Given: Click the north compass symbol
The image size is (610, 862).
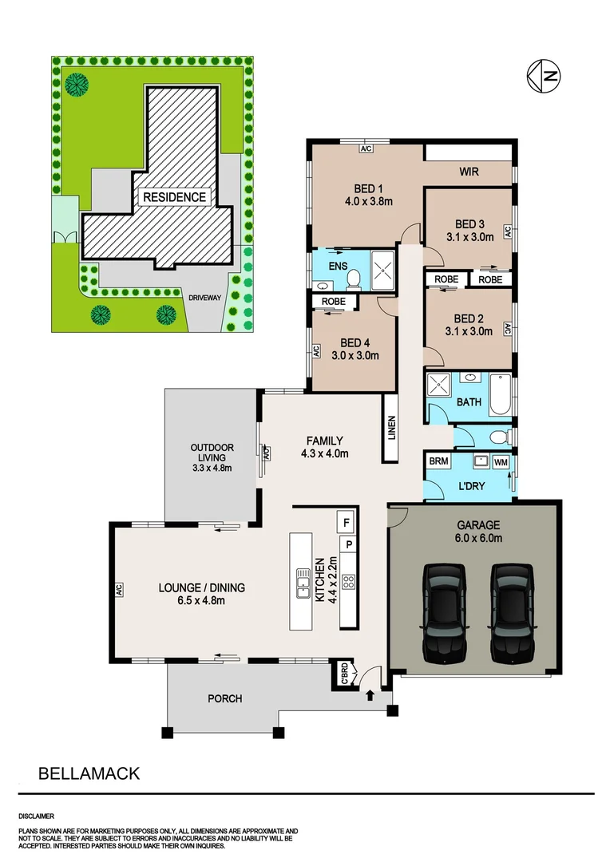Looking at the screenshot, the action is coord(544,76).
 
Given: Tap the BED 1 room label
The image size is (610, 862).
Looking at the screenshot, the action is coord(368,189).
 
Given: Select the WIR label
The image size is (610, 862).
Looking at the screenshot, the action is coord(469,172).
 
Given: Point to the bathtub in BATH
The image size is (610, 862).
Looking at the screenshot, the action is coord(500,393).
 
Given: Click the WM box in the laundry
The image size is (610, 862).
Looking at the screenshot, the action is coord(501,462).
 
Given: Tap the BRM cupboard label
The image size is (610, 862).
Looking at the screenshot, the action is coord(438,461).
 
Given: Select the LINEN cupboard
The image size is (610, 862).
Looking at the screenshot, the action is coord(391,429).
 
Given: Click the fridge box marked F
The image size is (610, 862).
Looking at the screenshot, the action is coord(347,522).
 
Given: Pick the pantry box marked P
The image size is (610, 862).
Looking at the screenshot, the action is coord(348,545).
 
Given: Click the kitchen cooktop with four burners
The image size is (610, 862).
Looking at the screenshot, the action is coord(348,582).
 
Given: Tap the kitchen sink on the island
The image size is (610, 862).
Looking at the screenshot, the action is coord(302,582).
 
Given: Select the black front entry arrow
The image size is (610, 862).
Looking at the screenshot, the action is coord(370,695).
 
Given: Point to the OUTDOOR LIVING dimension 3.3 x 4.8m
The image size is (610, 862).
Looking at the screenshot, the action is coord(212,468).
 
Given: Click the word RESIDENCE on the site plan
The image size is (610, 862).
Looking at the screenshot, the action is coord(174,197).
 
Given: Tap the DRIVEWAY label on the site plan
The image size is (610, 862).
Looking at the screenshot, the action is coord(204,298).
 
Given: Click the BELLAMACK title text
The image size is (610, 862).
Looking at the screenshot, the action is coord(89,773).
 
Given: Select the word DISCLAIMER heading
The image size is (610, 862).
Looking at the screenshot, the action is coord(36,817).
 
